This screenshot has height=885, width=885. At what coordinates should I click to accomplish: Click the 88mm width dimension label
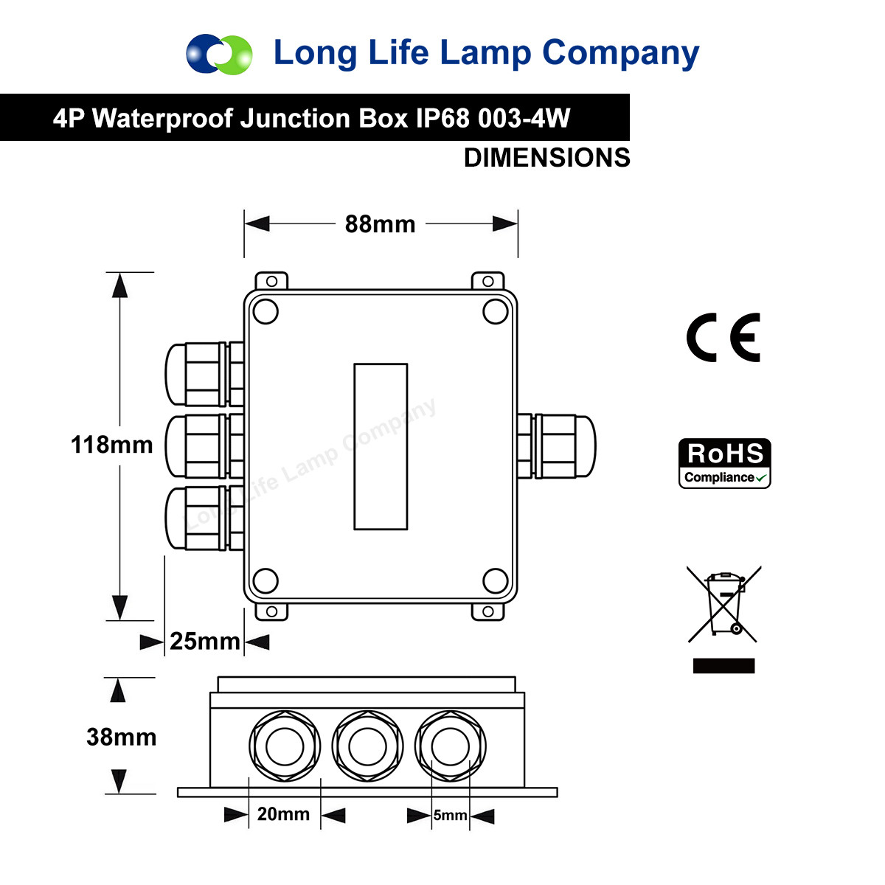point(380,224)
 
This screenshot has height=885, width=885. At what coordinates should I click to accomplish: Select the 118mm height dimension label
point(111,445)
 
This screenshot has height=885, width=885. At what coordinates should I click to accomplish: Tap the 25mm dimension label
point(204,642)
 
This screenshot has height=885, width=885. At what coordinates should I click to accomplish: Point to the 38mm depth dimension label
point(121,737)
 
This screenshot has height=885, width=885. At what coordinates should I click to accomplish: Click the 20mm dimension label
point(283,814)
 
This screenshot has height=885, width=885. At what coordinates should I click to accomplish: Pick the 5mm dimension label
point(450,815)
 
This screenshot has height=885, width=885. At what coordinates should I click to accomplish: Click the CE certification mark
point(723,338)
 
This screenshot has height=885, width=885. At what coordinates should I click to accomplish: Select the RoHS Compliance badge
point(724,463)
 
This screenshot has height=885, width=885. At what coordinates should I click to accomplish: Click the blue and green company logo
point(219,54)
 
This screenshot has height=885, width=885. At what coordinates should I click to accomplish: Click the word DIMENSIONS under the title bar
point(546,158)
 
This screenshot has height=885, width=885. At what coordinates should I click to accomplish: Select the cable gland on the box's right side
point(557,446)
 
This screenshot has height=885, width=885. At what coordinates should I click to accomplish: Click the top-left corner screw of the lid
point(265,312)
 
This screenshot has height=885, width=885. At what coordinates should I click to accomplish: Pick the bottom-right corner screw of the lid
point(495,580)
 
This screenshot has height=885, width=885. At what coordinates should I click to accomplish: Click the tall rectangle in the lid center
point(381,446)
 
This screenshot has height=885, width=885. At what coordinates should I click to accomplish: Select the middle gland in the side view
point(367,748)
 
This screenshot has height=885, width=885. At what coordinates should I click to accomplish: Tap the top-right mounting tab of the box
point(487,281)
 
